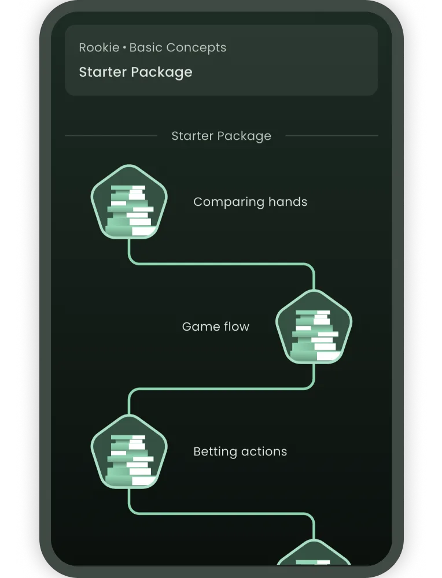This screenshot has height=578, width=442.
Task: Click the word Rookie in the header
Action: click(99, 47)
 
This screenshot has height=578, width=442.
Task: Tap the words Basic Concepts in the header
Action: click(178, 48)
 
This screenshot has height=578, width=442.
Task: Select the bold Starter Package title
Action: click(135, 72)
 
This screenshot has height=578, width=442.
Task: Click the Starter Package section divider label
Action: click(222, 136)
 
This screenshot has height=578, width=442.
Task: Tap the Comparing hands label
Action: click(250, 202)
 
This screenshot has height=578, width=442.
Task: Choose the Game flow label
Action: click(215, 327)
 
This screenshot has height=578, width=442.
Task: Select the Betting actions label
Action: click(240, 451)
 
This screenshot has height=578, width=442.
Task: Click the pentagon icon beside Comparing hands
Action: click(129, 202)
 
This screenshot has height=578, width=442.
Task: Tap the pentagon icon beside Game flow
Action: click(314, 327)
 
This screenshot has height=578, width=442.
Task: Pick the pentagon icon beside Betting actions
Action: click(129, 451)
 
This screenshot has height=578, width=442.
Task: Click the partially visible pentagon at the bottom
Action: click(314, 553)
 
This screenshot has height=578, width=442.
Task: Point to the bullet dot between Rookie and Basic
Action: click(124, 48)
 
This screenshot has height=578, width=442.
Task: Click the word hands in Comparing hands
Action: click(288, 201)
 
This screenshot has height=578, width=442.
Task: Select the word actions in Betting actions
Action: click(262, 451)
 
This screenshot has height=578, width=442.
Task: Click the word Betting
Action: click(214, 452)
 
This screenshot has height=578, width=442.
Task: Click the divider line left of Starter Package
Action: click(111, 136)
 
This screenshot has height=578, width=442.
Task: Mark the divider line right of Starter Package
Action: click(331, 136)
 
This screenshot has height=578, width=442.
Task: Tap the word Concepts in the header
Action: click(196, 48)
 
